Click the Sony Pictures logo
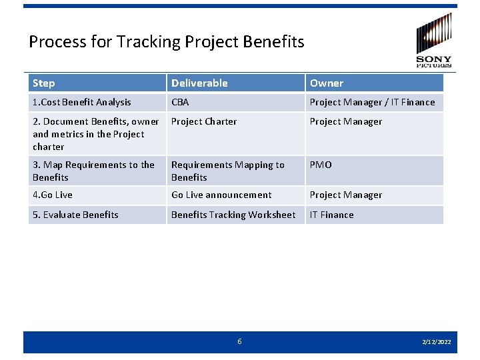point(434,40)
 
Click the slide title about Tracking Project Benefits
point(167,42)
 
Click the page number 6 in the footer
point(240,341)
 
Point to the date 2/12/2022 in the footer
point(437,342)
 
